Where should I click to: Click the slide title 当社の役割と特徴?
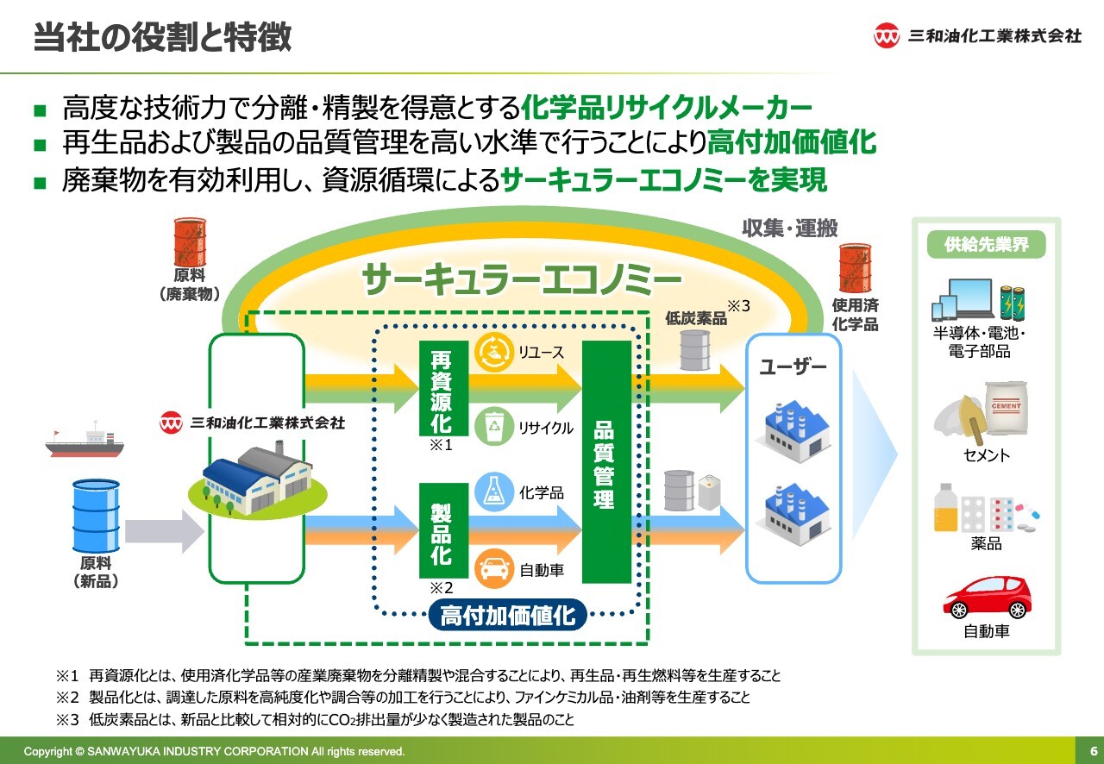pyautogui.click(x=162, y=39)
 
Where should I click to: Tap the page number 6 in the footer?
pyautogui.click(x=1093, y=750)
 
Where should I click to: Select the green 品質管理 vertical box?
pyautogui.click(x=605, y=462)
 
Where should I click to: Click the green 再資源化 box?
pyautogui.click(x=441, y=389)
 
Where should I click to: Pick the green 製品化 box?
pyautogui.click(x=441, y=530)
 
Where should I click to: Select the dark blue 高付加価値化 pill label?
pyautogui.click(x=508, y=616)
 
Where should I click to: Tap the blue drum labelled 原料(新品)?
pyautogui.click(x=96, y=517)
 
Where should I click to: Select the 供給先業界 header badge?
pyautogui.click(x=986, y=244)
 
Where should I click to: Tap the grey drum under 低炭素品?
pyautogui.click(x=695, y=348)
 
